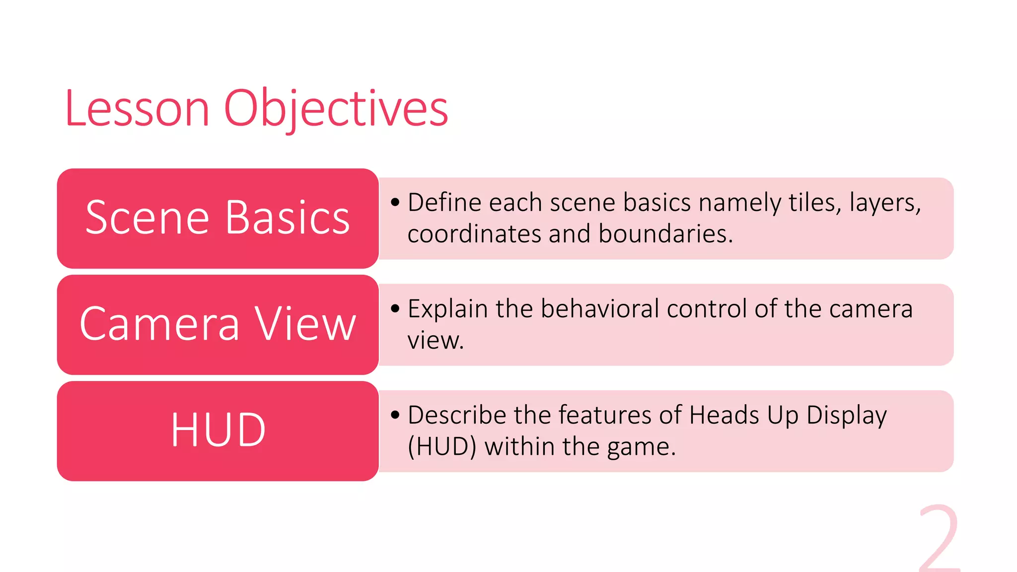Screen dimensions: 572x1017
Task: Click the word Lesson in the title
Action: click(x=137, y=109)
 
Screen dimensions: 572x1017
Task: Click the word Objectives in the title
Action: click(x=336, y=109)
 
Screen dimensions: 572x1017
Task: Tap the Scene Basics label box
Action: click(x=218, y=218)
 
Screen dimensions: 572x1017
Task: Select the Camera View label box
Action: click(x=218, y=324)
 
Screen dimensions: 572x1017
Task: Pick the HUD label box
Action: click(x=218, y=430)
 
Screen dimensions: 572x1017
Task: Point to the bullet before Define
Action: click(x=395, y=203)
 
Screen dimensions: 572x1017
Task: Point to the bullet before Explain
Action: click(x=395, y=309)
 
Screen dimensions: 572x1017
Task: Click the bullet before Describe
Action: click(x=395, y=415)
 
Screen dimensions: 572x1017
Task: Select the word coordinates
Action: click(x=474, y=234)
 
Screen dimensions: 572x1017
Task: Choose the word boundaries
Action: click(x=665, y=234)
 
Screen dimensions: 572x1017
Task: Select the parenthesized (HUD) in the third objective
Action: click(x=441, y=446)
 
